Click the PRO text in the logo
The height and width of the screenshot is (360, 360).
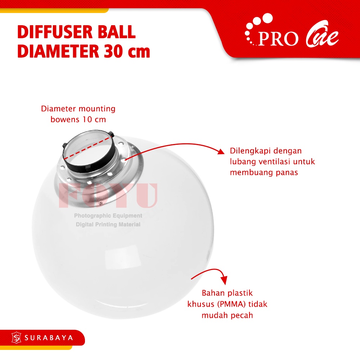278,39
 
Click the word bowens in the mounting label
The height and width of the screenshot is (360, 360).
65,120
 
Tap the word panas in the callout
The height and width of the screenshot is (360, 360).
287,173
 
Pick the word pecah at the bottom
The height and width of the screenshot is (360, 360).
242,315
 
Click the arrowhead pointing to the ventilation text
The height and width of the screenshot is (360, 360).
221,151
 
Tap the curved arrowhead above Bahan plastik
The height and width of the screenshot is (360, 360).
224,280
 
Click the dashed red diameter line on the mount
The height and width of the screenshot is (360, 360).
87,148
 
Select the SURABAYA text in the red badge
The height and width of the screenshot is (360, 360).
49,338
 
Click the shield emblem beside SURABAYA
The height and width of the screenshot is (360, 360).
16,338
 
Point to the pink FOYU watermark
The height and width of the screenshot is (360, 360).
108,195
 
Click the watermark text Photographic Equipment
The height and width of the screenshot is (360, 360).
108,216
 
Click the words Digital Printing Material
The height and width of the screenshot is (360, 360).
108,224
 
